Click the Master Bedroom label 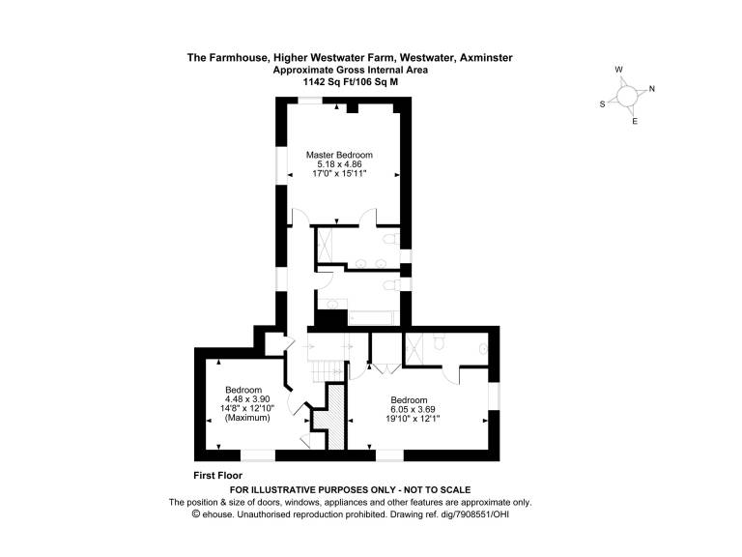pos(339,155)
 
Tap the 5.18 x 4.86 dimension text pos(339,164)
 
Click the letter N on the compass pos(651,89)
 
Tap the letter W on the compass pos(618,70)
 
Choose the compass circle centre pos(627,96)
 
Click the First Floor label pos(217,476)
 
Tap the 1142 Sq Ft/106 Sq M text pos(351,81)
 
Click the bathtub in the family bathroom pos(371,317)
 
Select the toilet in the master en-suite pos(391,238)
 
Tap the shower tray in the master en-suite pos(326,246)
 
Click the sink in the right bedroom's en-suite pos(483,349)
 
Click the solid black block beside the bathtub pos(330,318)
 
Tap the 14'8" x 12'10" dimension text pos(247,409)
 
